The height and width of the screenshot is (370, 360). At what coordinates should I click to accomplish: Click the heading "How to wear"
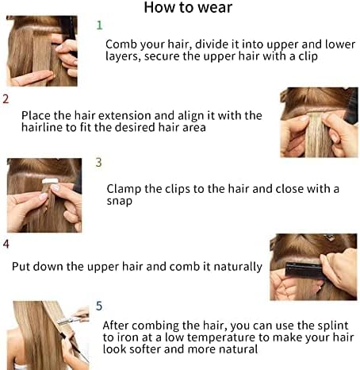point(188,7)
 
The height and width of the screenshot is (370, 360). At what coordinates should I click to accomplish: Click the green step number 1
point(99,25)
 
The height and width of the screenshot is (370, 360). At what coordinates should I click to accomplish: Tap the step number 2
point(6,99)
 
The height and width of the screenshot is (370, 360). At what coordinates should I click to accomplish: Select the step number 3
point(98,162)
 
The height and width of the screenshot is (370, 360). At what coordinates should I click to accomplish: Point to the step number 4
point(6,244)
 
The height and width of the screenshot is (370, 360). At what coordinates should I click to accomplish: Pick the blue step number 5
point(99,306)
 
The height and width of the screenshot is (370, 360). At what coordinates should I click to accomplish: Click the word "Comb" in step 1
point(121,44)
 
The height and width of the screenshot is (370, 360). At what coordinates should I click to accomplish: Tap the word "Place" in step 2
point(36,116)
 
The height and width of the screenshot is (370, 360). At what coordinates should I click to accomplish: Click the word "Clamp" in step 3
point(124,189)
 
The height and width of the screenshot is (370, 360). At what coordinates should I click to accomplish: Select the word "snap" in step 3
point(119,201)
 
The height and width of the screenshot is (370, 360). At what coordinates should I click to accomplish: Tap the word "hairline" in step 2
point(42,127)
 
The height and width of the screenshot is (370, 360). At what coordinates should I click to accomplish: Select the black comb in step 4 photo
point(304,269)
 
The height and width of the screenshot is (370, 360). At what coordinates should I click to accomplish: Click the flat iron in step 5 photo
point(69,320)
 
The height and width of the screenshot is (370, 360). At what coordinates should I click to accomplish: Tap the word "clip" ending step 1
point(308,56)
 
